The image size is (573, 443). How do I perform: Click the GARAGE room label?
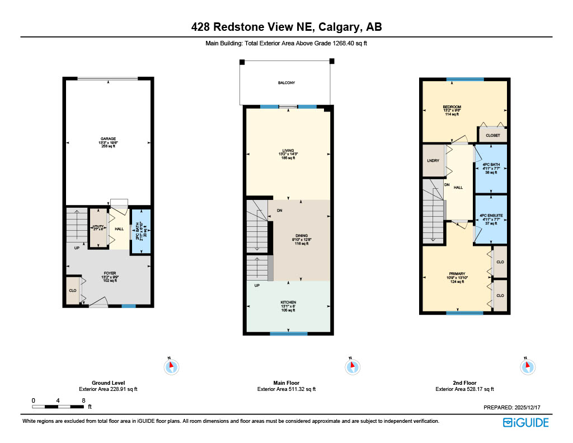point(109,139)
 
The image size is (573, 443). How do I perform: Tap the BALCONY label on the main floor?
point(286,83)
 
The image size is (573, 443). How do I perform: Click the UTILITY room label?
point(98,227)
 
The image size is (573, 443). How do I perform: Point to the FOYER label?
point(109,273)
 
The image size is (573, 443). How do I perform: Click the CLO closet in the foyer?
point(73,291)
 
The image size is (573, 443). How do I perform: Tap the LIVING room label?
point(288,151)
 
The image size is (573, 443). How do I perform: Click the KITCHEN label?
point(288,302)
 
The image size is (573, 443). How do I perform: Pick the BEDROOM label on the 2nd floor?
point(452,107)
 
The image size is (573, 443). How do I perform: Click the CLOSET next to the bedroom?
point(493,135)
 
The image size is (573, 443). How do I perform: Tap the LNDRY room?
point(433,161)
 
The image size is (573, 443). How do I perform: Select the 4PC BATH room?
point(491,165)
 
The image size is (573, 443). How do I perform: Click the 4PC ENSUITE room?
point(491,216)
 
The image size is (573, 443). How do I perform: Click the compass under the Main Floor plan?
point(351,367)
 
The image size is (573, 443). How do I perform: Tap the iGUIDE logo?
point(525,422)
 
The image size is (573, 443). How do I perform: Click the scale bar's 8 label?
point(83,400)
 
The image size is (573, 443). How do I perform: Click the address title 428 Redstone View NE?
point(286,27)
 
